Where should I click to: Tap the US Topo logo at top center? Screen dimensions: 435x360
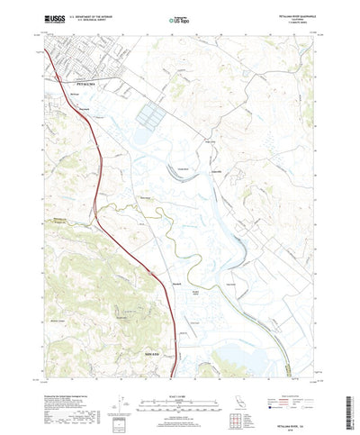(180, 16)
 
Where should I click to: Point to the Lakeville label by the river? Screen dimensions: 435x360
(214, 169)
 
